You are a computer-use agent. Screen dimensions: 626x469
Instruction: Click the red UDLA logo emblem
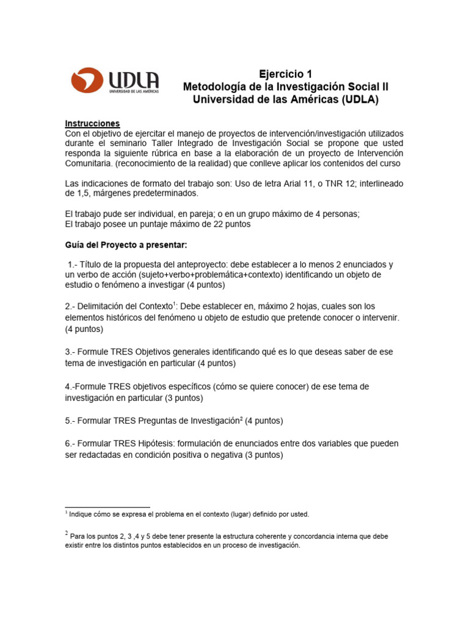pyautogui.click(x=87, y=80)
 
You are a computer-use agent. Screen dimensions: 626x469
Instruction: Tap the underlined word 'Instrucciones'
pyautogui.click(x=93, y=123)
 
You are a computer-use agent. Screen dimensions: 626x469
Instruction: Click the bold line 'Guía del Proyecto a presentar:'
pyautogui.click(x=118, y=245)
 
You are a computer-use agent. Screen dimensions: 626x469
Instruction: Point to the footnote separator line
pyautogui.click(x=107, y=507)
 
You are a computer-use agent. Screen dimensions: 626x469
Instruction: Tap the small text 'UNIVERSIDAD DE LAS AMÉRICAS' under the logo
pyautogui.click(x=134, y=91)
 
